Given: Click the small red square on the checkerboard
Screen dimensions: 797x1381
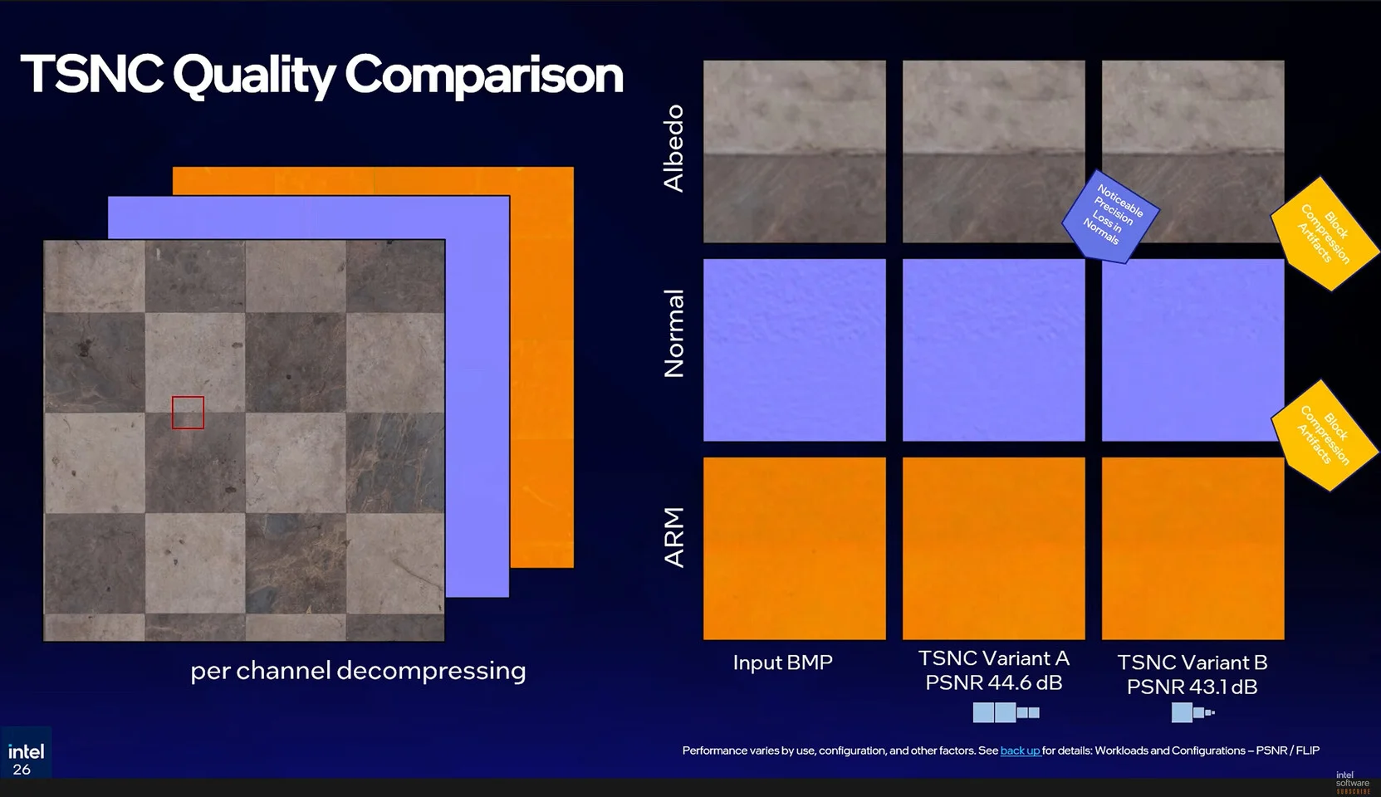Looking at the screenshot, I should pos(188,413).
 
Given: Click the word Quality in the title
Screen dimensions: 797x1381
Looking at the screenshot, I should pos(253,75).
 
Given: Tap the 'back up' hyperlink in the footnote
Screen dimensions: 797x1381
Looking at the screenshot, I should pos(1020,751).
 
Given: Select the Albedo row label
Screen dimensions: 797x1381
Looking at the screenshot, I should pos(673,149).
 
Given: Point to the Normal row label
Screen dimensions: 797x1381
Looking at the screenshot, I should pos(673,334).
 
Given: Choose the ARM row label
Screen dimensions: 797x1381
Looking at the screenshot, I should pos(673,537).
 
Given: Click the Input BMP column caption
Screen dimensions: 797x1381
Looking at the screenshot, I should pos(782,663).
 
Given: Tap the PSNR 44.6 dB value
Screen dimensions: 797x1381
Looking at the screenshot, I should pos(993,683).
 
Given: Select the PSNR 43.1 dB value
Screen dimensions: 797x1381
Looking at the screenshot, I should pos(1192,687).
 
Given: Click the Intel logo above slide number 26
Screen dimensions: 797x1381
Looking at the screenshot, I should pos(26,751).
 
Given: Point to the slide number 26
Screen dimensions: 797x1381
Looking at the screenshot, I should pos(22,770).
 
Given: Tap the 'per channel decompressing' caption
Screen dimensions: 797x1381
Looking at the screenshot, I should pos(358,671).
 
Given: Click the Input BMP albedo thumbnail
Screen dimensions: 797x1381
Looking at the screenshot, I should pos(794,151).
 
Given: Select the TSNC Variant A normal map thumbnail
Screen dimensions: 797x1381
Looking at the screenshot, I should pos(993,350).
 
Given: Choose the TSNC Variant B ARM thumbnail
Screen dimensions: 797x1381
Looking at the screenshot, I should pos(1192,548).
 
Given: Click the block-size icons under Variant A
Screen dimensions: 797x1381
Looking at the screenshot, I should pos(1006,712).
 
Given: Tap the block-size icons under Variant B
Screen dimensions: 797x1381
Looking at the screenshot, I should pos(1192,712).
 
